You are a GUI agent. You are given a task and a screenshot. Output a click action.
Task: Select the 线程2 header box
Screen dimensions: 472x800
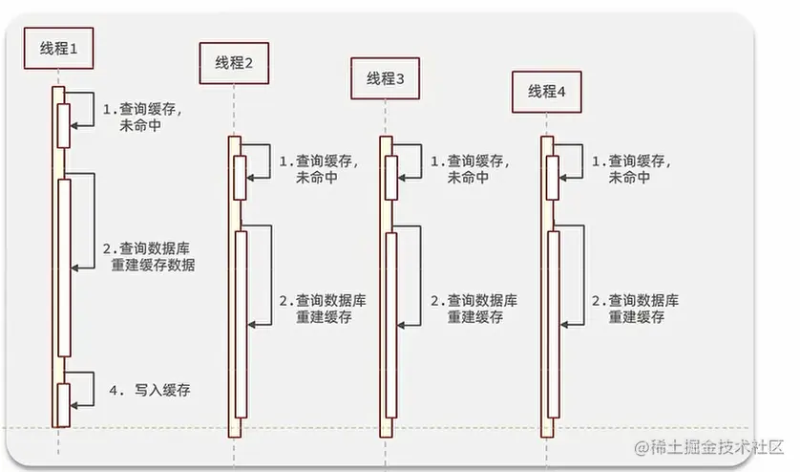pos(234,63)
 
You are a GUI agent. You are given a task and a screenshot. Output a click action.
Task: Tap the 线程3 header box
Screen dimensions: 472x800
pos(386,79)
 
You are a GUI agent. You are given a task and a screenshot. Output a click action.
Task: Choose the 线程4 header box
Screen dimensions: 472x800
pos(547,91)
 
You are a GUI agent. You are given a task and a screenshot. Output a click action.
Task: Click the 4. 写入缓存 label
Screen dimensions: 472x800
pos(150,390)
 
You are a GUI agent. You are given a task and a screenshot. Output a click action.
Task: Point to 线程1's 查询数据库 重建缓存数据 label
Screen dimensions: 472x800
pos(148,257)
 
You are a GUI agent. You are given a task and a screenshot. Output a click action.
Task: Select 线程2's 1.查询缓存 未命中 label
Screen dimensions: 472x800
pos(317,169)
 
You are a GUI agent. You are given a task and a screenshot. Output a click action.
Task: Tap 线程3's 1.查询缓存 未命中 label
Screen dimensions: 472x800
pos(470,169)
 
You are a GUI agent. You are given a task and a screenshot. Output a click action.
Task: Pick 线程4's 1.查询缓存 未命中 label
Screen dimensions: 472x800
pos(630,169)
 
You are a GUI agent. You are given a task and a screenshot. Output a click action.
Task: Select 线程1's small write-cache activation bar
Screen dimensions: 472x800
pos(64,405)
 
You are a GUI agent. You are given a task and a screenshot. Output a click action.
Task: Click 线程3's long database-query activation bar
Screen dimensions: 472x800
pos(391,325)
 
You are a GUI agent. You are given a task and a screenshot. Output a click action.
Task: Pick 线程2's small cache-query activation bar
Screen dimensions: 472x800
pos(240,177)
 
